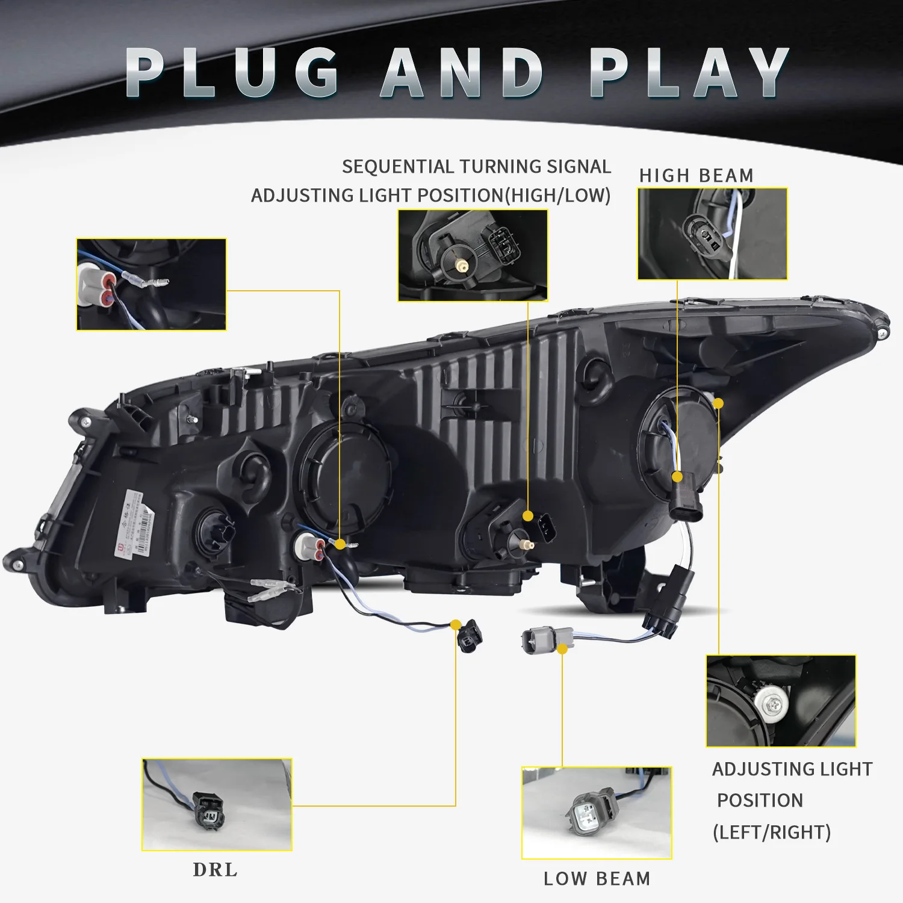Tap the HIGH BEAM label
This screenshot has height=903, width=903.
(x=697, y=176)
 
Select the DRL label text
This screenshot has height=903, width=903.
(x=215, y=870)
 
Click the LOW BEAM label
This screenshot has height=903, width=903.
(x=597, y=879)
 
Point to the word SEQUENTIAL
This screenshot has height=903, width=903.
(x=398, y=167)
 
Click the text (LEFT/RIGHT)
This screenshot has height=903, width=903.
(x=772, y=833)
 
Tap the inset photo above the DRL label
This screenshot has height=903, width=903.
(x=217, y=804)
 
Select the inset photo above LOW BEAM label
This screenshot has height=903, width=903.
(x=597, y=813)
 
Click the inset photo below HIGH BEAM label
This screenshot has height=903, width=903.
(x=712, y=234)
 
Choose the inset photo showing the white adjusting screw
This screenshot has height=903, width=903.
(x=781, y=701)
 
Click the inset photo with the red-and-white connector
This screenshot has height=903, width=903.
(x=151, y=284)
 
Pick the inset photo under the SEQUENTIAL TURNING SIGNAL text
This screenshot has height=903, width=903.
(x=473, y=255)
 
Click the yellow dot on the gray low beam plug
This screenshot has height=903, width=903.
(x=562, y=649)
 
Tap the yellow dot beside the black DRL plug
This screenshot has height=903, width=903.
(x=456, y=625)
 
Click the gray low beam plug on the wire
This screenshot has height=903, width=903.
(x=545, y=639)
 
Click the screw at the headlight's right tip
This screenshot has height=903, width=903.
(x=882, y=333)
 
